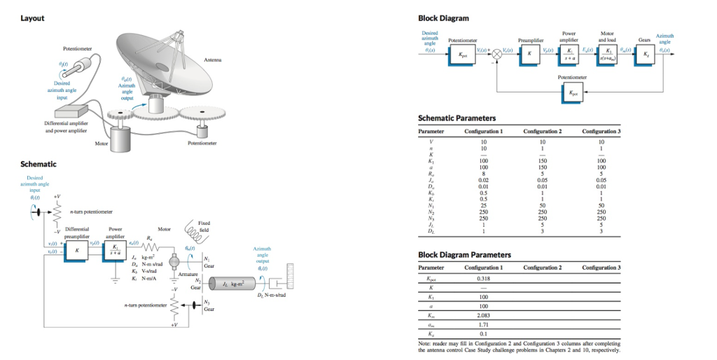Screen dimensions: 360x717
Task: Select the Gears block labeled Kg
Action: click(642, 55)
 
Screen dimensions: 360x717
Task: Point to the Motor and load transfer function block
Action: click(606, 55)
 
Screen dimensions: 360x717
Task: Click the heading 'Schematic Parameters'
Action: click(457, 118)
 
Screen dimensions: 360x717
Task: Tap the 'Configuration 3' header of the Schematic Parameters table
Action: click(601, 131)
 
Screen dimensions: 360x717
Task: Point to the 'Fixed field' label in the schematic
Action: click(204, 227)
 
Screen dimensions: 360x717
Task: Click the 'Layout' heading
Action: click(32, 18)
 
